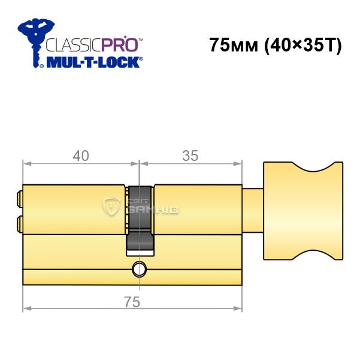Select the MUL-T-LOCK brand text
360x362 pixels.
point(93,62)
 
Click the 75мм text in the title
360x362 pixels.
point(234,45)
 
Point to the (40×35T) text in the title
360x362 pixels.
point(303,45)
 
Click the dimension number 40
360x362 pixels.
point(81,156)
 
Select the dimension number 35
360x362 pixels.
point(190,156)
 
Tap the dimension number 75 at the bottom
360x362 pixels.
point(132,302)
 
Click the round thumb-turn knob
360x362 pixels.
point(303,211)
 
